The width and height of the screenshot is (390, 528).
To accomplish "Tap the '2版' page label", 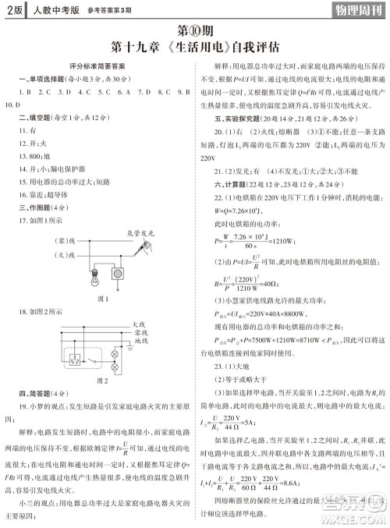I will [x=12, y=11].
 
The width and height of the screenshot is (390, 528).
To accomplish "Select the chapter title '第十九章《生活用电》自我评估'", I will [x=195, y=48].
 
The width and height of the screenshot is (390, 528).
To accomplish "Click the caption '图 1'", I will [x=101, y=298].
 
